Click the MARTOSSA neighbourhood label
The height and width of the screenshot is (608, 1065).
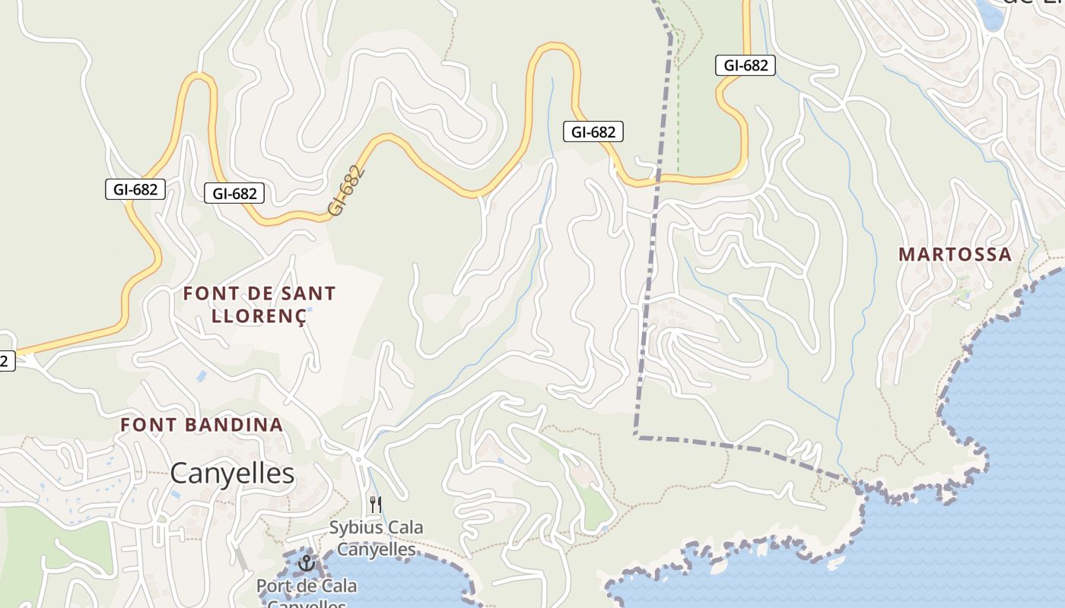tap(955, 255)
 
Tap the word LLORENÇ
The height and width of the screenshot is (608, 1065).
tap(259, 316)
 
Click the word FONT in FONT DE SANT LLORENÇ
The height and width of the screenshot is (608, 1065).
tap(206, 293)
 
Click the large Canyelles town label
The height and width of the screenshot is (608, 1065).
tap(232, 473)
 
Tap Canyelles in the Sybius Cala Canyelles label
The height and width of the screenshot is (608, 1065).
tap(377, 549)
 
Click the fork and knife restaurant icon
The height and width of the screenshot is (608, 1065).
tap(375, 504)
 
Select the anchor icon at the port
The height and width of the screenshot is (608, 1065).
tap(307, 563)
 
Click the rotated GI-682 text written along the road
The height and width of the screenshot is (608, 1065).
tap(348, 191)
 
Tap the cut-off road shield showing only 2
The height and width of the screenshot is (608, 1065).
tap(5, 361)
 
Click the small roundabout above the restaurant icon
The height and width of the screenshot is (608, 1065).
tap(358, 459)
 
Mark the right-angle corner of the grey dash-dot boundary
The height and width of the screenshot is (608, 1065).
tap(637, 436)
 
